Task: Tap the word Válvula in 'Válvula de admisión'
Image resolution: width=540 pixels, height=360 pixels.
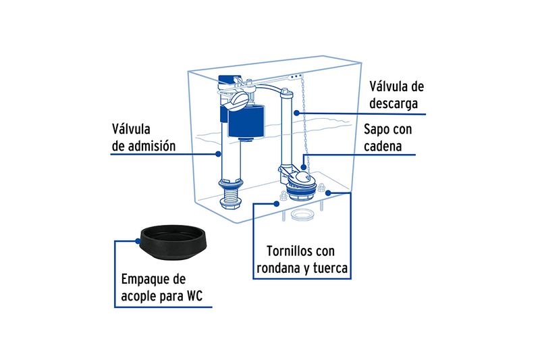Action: [x=131, y=129]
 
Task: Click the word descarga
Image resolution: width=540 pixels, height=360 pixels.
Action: [x=394, y=103]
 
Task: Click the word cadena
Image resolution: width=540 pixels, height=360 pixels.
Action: [x=383, y=146]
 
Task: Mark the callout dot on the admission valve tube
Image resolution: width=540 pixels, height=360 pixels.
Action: [x=218, y=154]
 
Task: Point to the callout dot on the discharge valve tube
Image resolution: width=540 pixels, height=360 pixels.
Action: [x=296, y=113]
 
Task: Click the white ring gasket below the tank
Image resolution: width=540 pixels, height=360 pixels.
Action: [x=302, y=215]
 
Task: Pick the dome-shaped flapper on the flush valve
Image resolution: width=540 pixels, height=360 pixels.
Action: [x=302, y=177]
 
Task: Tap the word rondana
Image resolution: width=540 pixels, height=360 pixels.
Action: [x=278, y=268]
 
